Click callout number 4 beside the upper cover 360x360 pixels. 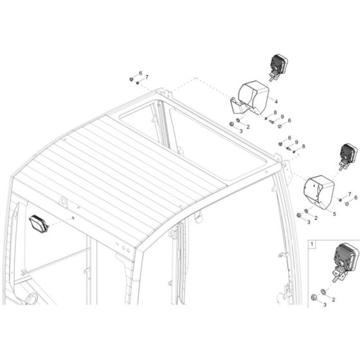point(274,101)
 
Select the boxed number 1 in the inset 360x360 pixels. point(312,244)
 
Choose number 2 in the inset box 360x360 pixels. point(332,300)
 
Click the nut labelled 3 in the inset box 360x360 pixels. point(312,297)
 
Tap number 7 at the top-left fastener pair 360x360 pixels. point(147,78)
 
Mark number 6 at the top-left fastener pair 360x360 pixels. point(139,74)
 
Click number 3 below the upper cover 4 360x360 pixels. point(240,130)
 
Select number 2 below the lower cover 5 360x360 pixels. point(316,218)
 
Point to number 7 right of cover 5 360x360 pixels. point(348,193)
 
